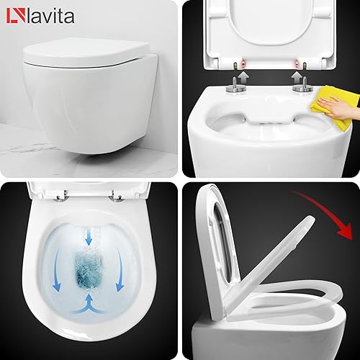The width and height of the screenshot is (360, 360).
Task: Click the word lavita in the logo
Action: click(x=50, y=16)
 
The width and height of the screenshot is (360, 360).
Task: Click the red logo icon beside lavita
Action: click(x=16, y=16)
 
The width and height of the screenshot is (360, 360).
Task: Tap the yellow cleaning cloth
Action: click(x=333, y=106)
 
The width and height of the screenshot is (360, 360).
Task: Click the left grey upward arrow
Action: click(x=244, y=76)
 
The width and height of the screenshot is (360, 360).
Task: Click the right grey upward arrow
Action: click(x=297, y=76)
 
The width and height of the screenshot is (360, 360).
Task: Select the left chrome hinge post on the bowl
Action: click(x=236, y=85)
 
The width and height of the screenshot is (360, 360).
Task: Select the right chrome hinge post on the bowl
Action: click(x=303, y=85)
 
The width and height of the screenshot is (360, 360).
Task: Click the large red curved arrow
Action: click(x=331, y=211)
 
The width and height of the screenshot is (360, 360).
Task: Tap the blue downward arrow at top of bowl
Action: click(x=89, y=237)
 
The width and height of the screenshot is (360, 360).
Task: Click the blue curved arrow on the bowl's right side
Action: click(x=120, y=269)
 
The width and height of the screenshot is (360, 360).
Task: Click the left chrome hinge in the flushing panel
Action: click(x=60, y=197)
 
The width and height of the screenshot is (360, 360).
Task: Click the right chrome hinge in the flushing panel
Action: click(x=116, y=197)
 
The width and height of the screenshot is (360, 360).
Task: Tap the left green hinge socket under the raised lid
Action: click(x=235, y=65)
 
